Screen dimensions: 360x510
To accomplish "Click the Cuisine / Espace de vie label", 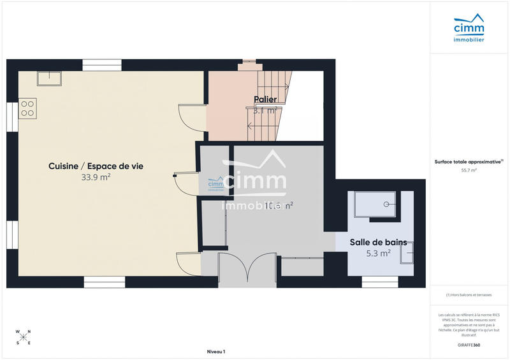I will click(96, 166).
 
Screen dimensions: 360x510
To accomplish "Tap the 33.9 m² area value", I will click(96, 178).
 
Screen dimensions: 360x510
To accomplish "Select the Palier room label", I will click(265, 99).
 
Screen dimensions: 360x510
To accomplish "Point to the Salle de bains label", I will click(378, 242).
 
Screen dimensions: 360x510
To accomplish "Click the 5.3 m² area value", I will click(378, 254).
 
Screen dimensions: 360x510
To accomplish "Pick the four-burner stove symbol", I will click(27, 108).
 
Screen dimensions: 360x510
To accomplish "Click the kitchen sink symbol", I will click(48, 78).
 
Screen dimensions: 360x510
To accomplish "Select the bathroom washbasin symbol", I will click(406, 254).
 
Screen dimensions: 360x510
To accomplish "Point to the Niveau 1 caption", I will click(216, 352).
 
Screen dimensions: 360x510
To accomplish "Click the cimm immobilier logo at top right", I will click(469, 31).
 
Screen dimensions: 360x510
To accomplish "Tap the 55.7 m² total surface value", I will click(469, 171).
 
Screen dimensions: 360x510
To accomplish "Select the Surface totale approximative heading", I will click(469, 162).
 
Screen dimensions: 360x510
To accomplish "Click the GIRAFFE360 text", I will click(469, 344).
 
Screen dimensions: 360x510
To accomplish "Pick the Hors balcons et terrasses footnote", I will click(469, 294).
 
